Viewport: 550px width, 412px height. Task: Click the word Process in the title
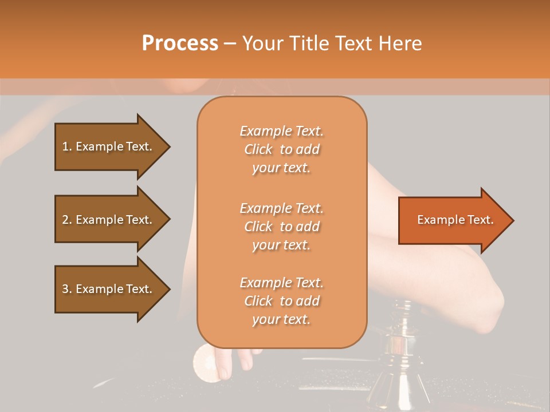[x=180, y=43]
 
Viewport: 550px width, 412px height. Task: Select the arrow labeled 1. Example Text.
[x=109, y=146]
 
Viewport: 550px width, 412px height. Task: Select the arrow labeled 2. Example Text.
[x=109, y=220]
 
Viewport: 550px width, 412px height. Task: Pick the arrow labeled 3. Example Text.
[x=109, y=289]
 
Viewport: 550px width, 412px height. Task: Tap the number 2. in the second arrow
[x=66, y=220]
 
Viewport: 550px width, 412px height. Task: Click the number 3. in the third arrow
[x=66, y=289]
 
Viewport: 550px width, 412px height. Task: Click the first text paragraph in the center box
[x=281, y=149]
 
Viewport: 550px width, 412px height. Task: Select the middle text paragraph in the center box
[x=281, y=227]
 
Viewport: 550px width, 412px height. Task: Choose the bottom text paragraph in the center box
[x=281, y=301]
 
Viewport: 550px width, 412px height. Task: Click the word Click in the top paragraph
[x=258, y=149]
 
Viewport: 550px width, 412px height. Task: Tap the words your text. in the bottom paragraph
[x=281, y=319]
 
